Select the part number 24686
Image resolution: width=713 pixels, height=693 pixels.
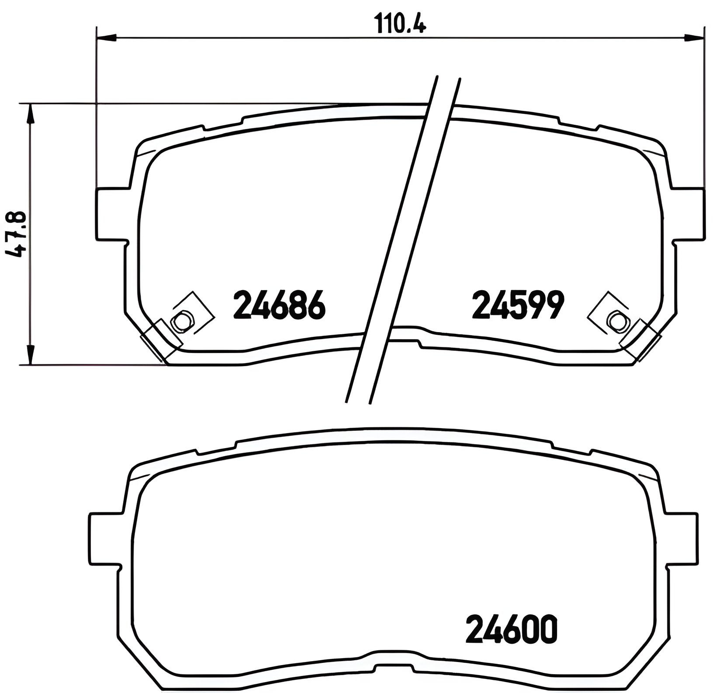(280, 304)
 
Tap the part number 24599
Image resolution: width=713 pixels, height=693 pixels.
(518, 304)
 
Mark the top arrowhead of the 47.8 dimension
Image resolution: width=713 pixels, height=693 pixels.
(30, 114)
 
